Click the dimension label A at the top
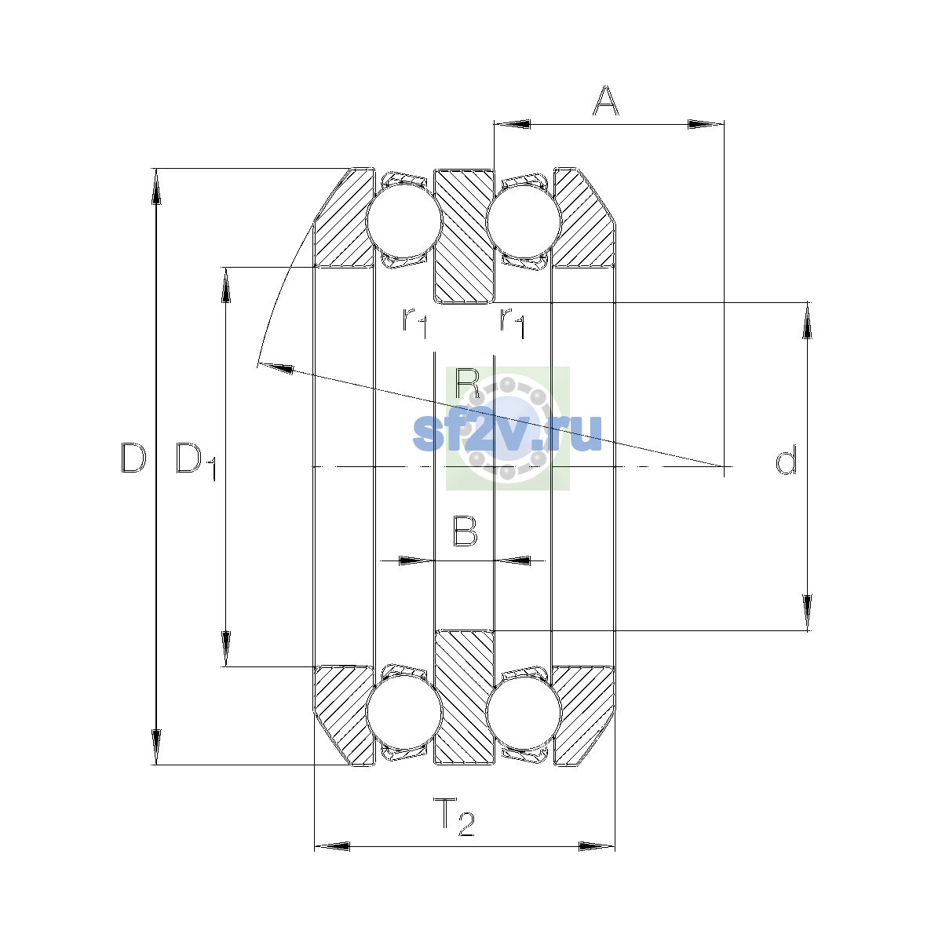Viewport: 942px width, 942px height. point(605,100)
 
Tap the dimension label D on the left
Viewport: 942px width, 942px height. point(133,458)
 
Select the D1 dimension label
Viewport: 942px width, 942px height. point(196,462)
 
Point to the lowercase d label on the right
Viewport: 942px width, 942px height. point(786,459)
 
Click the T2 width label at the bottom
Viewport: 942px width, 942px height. point(455,816)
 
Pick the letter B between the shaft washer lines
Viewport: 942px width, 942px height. point(465,531)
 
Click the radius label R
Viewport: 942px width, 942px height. point(467,384)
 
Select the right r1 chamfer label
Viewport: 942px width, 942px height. point(513,323)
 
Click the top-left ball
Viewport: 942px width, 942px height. point(404,221)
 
